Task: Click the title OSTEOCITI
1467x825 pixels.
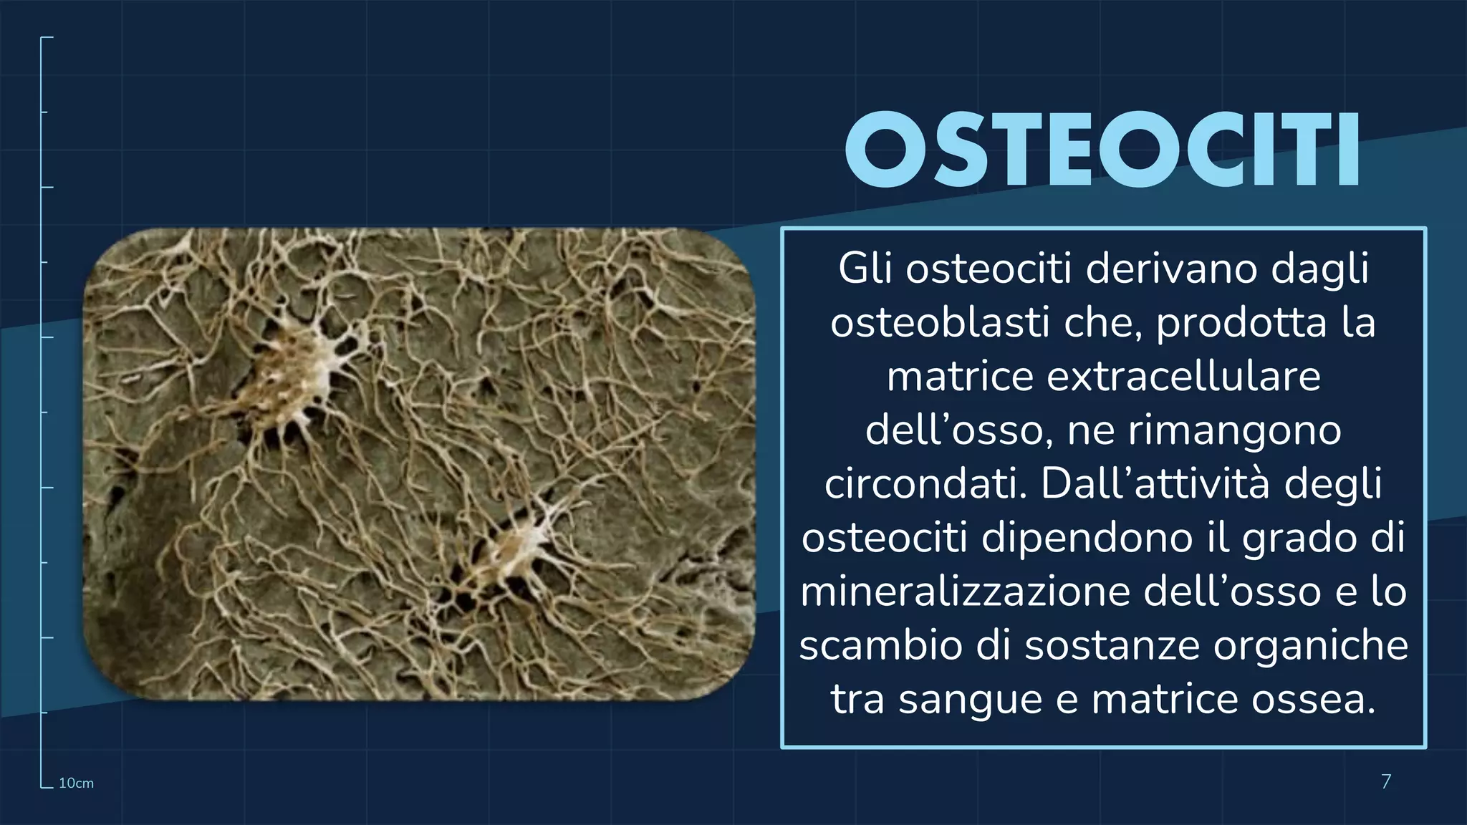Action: click(1102, 150)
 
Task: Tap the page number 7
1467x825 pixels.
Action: click(1385, 781)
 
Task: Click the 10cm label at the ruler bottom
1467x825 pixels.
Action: click(76, 783)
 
